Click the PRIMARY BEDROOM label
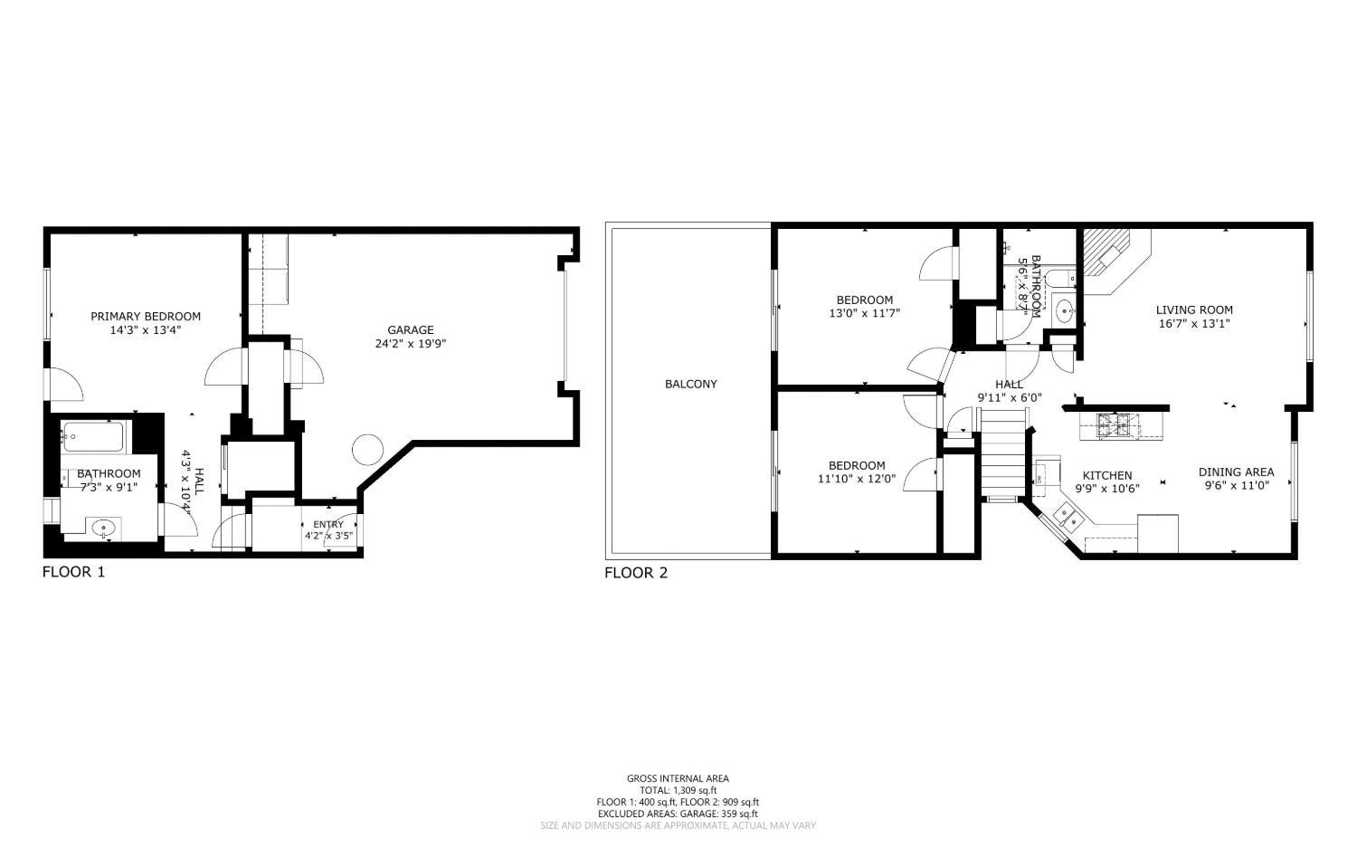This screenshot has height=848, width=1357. pyautogui.click(x=146, y=316)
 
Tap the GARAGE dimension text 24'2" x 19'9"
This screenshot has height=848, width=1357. pyautogui.click(x=411, y=344)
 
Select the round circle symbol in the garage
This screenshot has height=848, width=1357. pyautogui.click(x=367, y=450)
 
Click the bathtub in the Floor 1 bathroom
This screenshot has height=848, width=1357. pyautogui.click(x=93, y=436)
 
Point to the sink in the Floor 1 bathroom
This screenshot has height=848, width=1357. pyautogui.click(x=104, y=529)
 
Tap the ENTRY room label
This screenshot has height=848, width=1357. pyautogui.click(x=328, y=524)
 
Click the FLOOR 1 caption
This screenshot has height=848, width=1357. pyautogui.click(x=74, y=572)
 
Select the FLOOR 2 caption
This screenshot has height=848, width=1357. pyautogui.click(x=636, y=573)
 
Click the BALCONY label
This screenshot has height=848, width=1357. pyautogui.click(x=690, y=384)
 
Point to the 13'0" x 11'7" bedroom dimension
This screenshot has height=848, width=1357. pyautogui.click(x=865, y=313)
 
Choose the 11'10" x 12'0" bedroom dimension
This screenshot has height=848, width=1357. pyautogui.click(x=857, y=479)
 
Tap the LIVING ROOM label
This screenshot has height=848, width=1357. pyautogui.click(x=1194, y=310)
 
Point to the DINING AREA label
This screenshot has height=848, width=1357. pyautogui.click(x=1236, y=472)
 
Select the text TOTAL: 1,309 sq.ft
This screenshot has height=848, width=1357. pyautogui.click(x=678, y=790)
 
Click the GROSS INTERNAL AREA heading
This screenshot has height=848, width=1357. pyautogui.click(x=678, y=778)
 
